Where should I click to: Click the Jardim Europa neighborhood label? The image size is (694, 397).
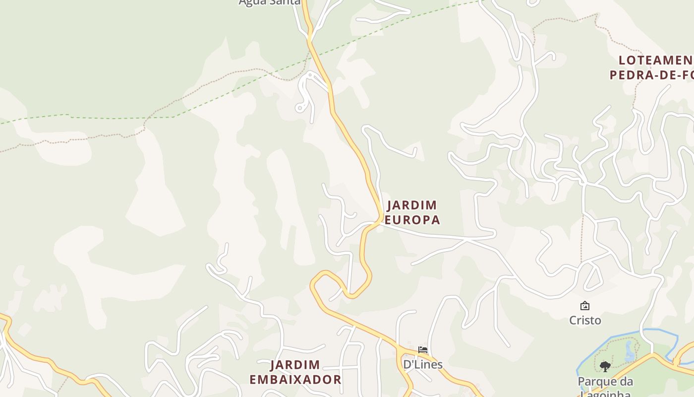click(412, 212)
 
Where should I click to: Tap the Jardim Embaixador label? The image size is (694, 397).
click(295, 373)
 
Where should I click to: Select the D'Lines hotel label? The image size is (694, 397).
click(422, 365)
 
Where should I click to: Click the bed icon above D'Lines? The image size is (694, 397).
click(422, 350)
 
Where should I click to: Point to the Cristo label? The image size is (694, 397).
click(585, 321)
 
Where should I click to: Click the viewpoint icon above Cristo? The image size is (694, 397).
click(585, 306)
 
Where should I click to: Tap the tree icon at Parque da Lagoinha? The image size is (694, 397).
click(605, 367)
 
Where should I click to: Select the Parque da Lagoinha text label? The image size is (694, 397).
click(605, 382)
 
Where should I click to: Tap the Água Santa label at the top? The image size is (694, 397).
click(269, 2)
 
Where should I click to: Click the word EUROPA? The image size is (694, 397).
click(412, 220)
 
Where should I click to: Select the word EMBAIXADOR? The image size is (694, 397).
click(295, 380)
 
